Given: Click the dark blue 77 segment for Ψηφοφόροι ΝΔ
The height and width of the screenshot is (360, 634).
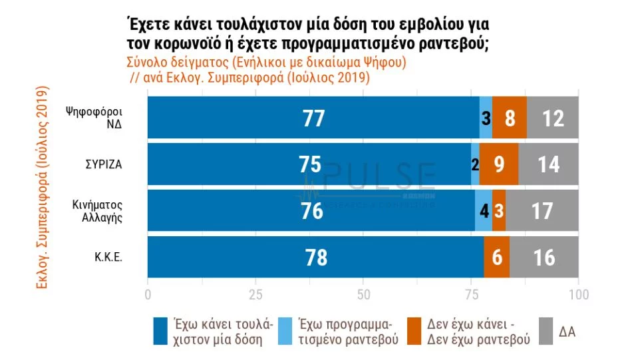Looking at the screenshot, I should (313, 118).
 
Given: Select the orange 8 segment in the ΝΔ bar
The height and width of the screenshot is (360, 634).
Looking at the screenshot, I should (510, 118).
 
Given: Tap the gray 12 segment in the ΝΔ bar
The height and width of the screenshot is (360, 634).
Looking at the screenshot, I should (552, 118).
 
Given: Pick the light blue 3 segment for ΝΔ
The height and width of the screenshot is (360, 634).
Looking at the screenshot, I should (486, 118).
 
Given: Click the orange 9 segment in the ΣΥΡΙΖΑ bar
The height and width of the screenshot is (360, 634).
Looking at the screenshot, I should (499, 164).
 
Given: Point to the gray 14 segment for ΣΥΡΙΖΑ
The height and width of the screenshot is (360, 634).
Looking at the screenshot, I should (548, 164).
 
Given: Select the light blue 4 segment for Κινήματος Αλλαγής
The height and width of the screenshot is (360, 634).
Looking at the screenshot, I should (484, 211).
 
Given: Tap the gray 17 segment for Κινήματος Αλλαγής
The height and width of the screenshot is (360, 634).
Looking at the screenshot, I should (542, 211).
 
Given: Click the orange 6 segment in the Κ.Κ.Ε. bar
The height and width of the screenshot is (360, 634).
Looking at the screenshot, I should (497, 258).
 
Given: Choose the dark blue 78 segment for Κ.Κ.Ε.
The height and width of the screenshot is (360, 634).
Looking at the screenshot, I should (315, 258).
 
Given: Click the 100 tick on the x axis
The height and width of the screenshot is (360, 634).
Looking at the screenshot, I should (578, 293).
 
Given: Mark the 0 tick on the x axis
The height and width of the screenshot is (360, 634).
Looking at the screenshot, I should (148, 293).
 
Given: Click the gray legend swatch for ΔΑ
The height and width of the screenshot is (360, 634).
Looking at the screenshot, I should (546, 331).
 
